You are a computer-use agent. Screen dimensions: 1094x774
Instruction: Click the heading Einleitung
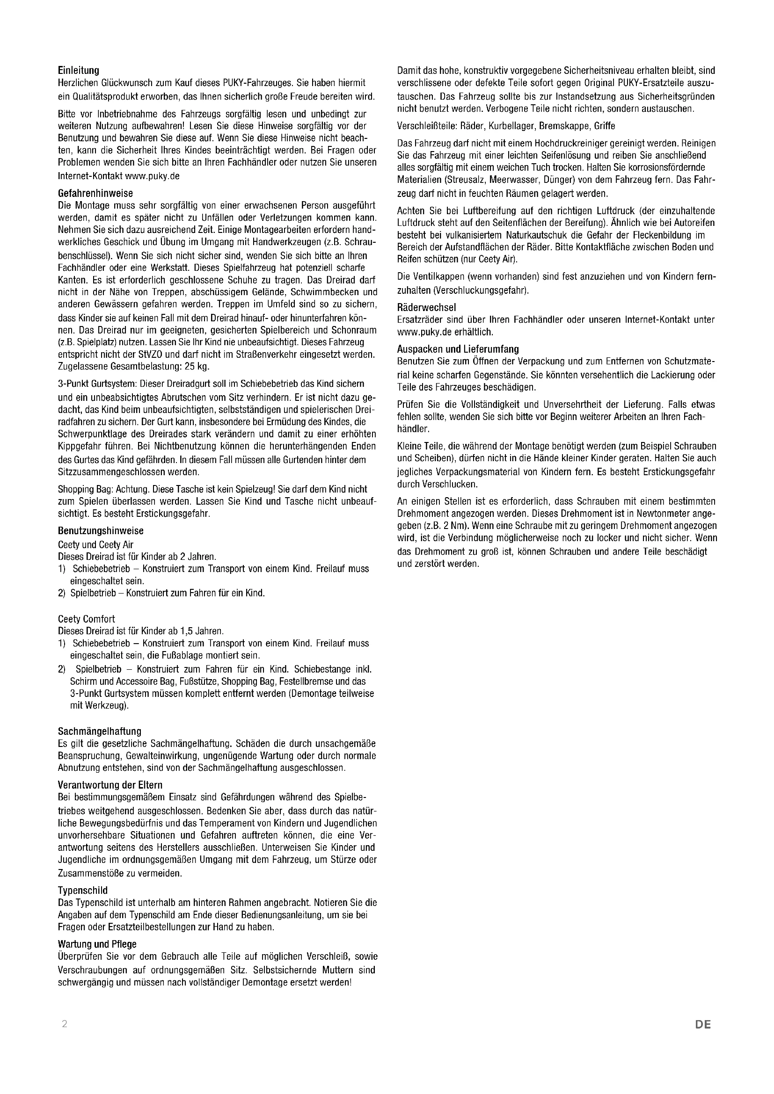point(78,71)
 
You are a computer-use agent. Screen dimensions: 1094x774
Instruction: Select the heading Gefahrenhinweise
point(95,194)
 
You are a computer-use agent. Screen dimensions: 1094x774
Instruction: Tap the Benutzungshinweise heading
point(101,530)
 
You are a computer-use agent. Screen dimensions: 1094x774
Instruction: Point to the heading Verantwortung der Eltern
point(110,784)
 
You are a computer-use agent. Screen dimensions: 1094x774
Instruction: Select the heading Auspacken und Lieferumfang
point(458,349)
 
